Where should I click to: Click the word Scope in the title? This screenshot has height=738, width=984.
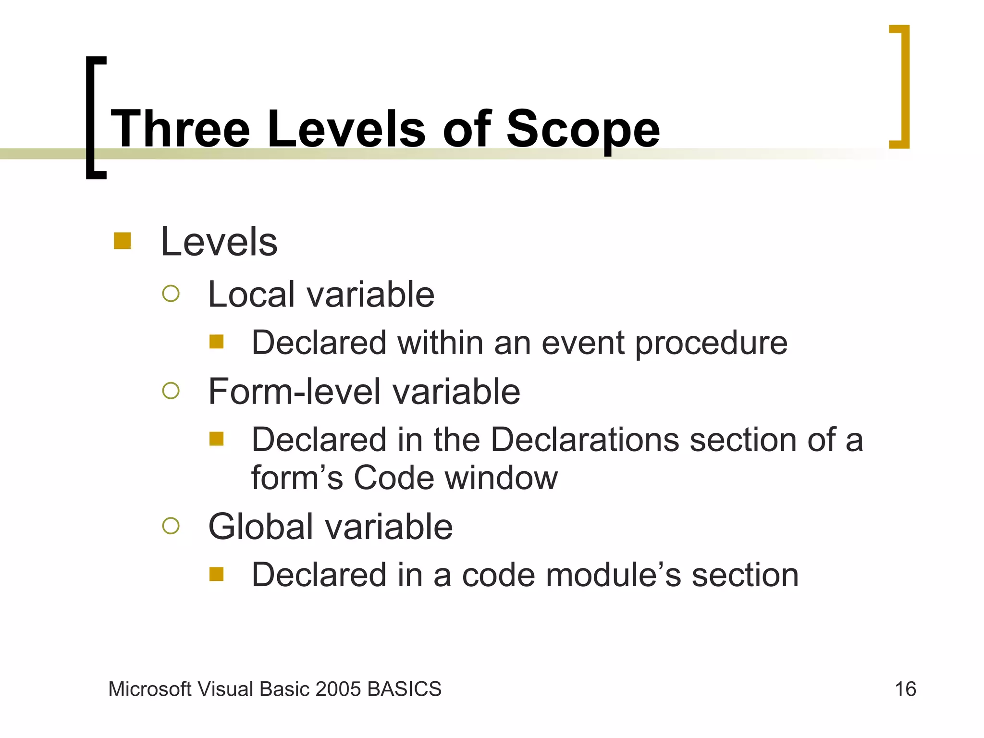click(583, 129)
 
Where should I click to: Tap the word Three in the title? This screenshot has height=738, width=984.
click(181, 129)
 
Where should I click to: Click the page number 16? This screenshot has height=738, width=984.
click(905, 689)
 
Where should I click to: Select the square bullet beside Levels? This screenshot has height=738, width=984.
click(122, 241)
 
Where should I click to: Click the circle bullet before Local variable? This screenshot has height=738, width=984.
click(171, 294)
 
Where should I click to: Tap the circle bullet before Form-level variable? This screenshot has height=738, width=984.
click(171, 391)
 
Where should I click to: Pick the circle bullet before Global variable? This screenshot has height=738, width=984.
click(171, 526)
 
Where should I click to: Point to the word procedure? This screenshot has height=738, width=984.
click(711, 344)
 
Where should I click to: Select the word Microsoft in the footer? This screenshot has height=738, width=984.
click(150, 689)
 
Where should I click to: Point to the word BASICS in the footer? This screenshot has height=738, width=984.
click(404, 689)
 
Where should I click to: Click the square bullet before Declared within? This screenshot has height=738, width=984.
click(217, 342)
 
